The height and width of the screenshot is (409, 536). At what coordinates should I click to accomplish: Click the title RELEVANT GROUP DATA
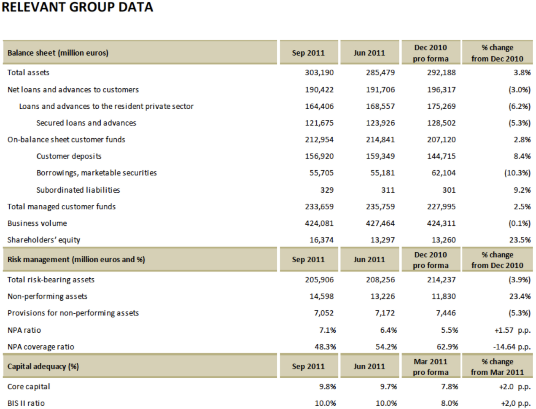(x=77, y=7)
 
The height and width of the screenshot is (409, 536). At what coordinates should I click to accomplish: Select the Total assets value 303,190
(x=319, y=73)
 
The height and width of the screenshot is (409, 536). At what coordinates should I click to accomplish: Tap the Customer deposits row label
(x=69, y=156)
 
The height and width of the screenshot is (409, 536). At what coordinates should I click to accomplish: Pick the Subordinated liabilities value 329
(x=327, y=190)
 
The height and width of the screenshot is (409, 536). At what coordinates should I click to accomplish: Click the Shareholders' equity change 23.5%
(x=520, y=240)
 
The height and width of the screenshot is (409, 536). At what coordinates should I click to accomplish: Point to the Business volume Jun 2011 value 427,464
(x=380, y=223)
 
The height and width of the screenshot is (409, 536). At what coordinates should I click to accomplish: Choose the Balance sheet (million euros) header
(x=58, y=53)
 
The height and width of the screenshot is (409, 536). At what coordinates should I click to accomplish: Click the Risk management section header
(x=76, y=259)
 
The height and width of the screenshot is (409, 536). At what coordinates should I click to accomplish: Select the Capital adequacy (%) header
(x=43, y=366)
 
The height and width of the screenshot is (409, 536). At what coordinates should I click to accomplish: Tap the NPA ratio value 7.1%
(x=327, y=330)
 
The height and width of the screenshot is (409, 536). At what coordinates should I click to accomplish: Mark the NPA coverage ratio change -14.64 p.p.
(x=512, y=347)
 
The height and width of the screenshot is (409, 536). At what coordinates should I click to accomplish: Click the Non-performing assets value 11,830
(x=444, y=296)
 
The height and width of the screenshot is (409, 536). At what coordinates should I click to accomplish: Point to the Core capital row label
(x=29, y=386)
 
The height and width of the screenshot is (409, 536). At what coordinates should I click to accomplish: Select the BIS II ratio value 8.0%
(x=450, y=403)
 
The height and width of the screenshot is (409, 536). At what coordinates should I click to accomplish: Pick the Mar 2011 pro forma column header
(x=431, y=367)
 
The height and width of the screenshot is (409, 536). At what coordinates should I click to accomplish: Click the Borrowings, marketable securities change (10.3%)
(x=517, y=173)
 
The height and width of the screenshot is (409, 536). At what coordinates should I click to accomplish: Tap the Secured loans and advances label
(x=86, y=123)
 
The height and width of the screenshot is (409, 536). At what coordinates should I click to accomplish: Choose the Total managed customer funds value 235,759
(x=380, y=207)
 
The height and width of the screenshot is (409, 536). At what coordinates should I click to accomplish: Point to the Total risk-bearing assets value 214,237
(x=441, y=280)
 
